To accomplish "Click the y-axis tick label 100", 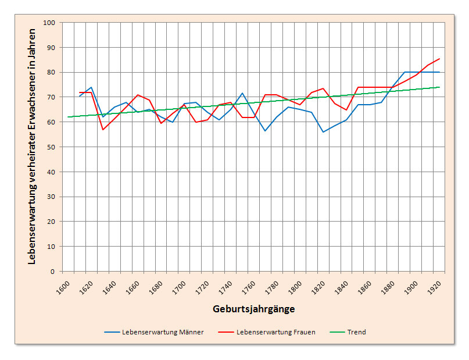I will point(49,23).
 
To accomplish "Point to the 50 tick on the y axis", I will point(51,147).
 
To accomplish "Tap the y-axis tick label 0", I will point(52,271).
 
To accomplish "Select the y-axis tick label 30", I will point(51,197).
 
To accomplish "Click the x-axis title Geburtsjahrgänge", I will point(253,309).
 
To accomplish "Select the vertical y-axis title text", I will point(32,147).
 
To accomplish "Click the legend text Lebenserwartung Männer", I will point(163,332).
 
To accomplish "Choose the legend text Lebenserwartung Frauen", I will point(276,332).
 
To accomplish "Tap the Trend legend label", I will point(356,332).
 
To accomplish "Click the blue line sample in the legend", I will point(112,332).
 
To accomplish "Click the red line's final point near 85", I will point(439,59).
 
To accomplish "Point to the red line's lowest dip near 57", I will point(103,129).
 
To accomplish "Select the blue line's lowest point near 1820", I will point(323,132).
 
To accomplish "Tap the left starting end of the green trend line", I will point(68,117).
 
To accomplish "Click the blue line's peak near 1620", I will point(91,87).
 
